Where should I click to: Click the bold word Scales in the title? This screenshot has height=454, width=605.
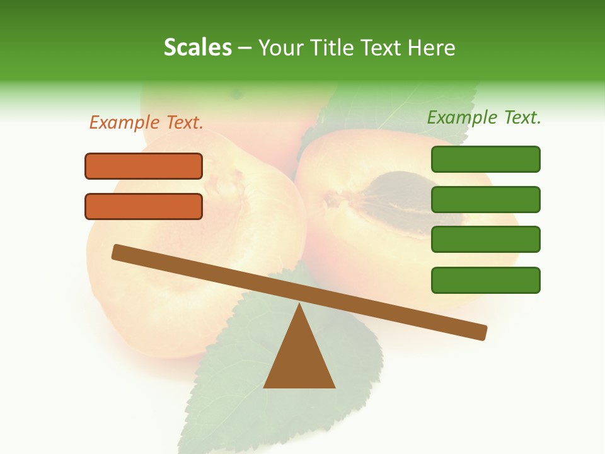coord(197,48)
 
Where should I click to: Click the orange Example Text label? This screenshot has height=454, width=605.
coord(146,123)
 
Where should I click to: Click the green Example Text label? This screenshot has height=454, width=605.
coord(484,117)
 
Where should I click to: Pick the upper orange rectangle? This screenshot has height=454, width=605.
coord(144,166)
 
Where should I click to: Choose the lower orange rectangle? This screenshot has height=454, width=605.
coord(144,206)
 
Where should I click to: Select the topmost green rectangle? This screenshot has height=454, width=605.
coord(485,159)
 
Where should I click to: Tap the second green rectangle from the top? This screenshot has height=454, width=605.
coord(485,199)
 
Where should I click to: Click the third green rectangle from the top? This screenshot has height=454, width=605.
coord(485,240)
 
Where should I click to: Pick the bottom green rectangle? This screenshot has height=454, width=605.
coord(485,280)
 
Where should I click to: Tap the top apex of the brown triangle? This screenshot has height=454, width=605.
coord(299,306)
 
